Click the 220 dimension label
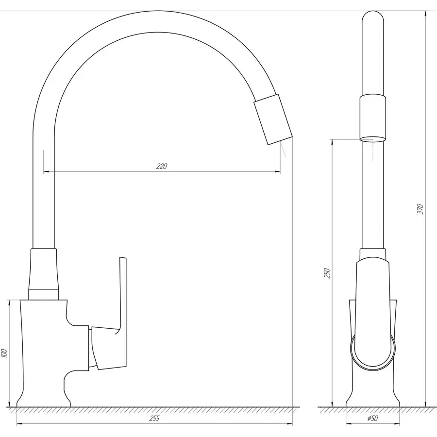click(x=162, y=167)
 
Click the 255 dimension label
click(x=155, y=419)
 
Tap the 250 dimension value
click(x=327, y=273)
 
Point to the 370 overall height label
click(x=421, y=209)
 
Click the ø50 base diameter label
click(x=372, y=419)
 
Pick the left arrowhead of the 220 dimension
click(x=47, y=171)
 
